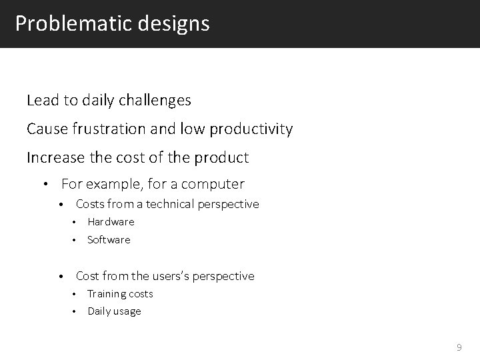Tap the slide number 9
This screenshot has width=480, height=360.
tap(459, 347)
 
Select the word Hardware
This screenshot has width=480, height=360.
tap(111, 222)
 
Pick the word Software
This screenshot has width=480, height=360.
tap(109, 240)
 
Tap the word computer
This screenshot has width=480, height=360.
tap(212, 184)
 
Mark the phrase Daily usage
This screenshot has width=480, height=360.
tap(114, 311)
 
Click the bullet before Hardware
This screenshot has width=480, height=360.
tap(76, 222)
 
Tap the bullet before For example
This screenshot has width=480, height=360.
tap(46, 185)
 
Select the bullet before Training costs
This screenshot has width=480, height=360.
tap(76, 294)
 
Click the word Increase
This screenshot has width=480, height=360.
tap(55, 158)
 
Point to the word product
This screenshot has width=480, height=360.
tap(223, 158)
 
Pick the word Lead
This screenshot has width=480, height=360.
tap(41, 101)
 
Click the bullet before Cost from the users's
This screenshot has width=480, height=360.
tap(60, 276)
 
